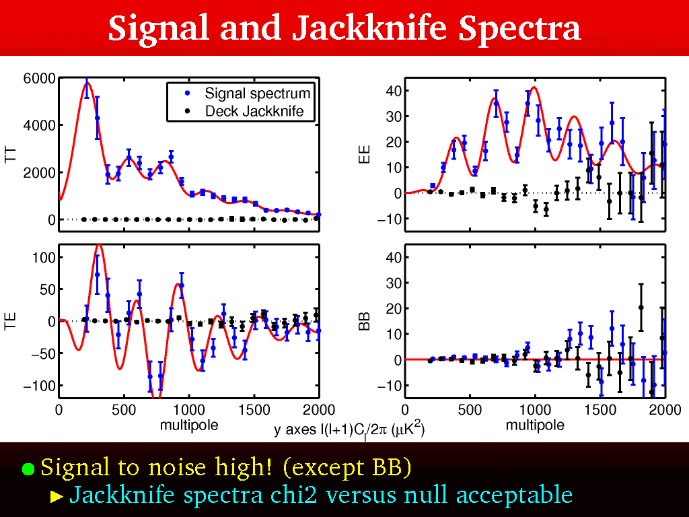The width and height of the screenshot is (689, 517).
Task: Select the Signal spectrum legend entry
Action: [x=258, y=94]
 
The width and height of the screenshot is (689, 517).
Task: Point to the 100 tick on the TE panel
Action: [x=43, y=257]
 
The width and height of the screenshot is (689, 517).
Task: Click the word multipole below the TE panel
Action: [x=189, y=425]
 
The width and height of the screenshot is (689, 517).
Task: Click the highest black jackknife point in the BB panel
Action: [x=641, y=307]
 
